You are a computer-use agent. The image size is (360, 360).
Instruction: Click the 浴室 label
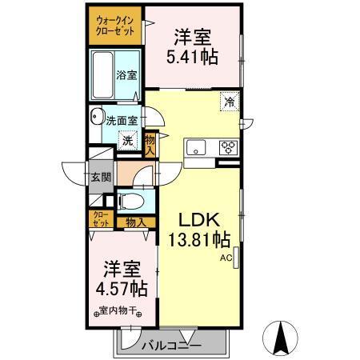point(126,75)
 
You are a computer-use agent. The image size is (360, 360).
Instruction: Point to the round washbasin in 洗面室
point(97,114)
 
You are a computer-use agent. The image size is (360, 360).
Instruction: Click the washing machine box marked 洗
point(127,140)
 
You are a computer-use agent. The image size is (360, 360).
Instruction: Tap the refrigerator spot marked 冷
point(230,102)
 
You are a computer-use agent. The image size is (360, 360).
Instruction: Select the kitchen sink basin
point(196,148)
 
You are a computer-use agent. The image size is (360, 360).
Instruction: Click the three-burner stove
point(227,147)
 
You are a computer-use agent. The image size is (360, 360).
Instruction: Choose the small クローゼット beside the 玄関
point(100,219)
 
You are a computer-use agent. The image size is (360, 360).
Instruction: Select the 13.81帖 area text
point(198,239)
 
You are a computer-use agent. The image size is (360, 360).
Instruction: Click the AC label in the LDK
point(227,258)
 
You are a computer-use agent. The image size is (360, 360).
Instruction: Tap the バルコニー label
point(171,346)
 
